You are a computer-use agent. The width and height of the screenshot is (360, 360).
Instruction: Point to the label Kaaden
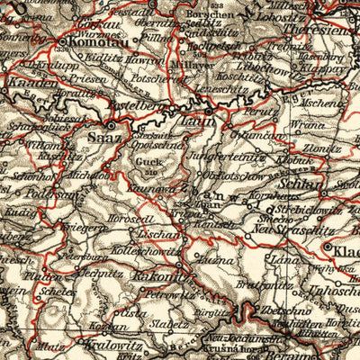point(28,83)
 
